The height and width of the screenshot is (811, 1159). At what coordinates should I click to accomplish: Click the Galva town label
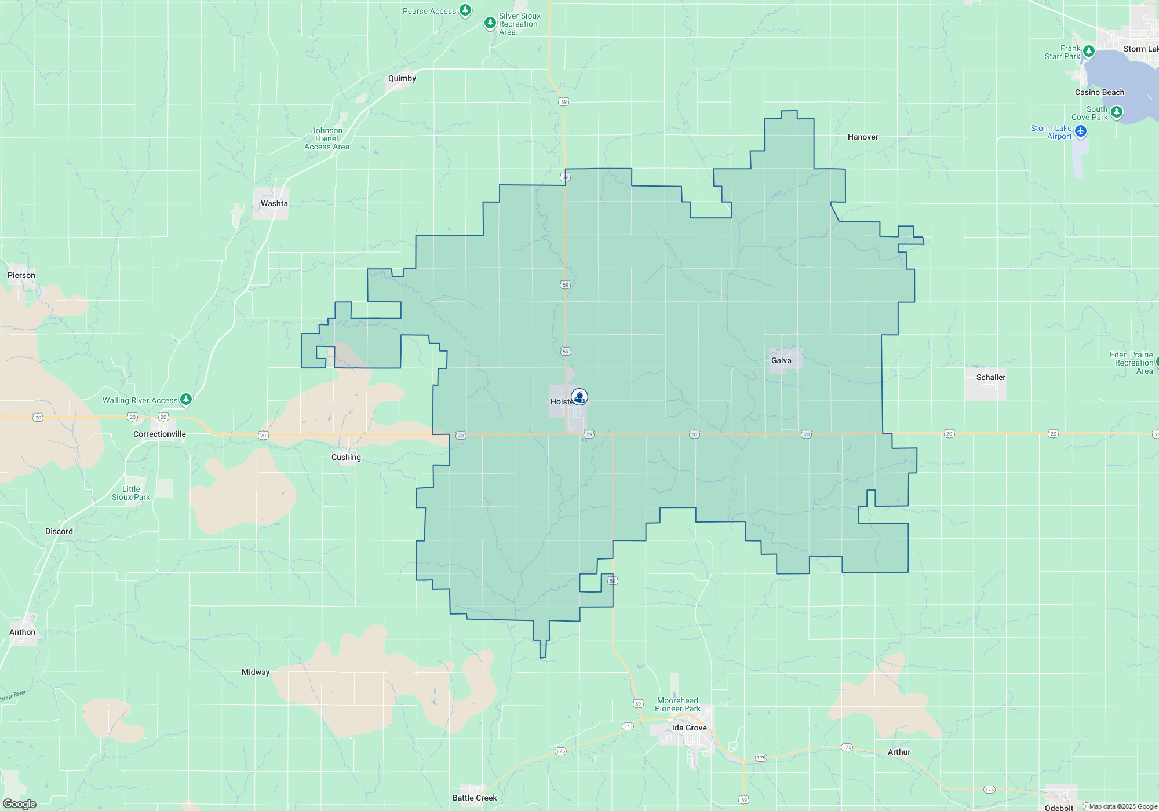click(781, 360)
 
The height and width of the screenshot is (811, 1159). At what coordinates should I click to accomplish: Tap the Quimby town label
click(402, 78)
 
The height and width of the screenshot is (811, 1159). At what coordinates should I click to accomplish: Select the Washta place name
click(274, 203)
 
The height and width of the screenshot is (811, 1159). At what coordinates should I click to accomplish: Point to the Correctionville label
click(159, 434)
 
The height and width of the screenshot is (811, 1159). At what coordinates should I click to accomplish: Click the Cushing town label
click(346, 457)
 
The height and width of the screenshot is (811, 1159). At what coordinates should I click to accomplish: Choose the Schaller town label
click(990, 377)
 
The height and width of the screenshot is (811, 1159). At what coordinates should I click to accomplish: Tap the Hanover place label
click(862, 137)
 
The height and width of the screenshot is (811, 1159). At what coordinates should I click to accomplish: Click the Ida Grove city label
click(689, 728)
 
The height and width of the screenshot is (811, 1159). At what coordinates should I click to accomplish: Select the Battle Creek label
click(475, 798)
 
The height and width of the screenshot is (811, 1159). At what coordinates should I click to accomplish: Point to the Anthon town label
click(22, 632)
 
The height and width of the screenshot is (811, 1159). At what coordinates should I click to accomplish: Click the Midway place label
click(256, 672)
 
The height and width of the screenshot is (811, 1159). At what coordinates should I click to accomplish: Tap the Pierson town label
click(21, 275)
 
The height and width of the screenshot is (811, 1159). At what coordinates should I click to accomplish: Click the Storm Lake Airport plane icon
click(1080, 131)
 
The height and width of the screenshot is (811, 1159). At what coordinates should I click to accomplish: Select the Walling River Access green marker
click(185, 399)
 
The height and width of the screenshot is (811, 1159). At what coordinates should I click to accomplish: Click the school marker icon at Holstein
click(579, 397)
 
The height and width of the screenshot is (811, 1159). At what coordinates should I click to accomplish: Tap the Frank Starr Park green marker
click(1088, 51)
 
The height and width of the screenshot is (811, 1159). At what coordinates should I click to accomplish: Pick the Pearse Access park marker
click(465, 10)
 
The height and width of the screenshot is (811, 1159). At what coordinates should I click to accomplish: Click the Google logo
click(20, 803)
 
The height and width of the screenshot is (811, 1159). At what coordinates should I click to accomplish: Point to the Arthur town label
click(899, 752)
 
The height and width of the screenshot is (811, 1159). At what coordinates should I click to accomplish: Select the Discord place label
click(59, 531)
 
